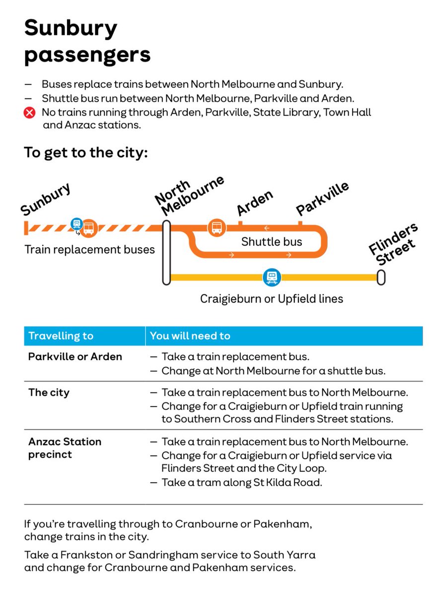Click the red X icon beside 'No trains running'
[30, 113]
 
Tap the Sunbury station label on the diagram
[46, 199]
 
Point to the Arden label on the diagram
[255, 202]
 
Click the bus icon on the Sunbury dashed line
[89, 228]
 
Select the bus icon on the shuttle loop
[217, 228]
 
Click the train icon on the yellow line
[272, 277]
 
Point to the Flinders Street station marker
[381, 277]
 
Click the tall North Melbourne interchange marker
[166, 253]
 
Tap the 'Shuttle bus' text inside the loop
[271, 242]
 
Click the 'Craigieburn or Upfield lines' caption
[271, 298]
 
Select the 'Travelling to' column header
[61, 336]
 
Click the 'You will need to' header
[190, 336]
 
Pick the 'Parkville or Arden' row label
[75, 357]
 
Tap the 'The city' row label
[49, 393]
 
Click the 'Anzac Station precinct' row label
[65, 448]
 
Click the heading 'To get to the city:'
[86, 152]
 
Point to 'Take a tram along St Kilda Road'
[241, 482]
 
